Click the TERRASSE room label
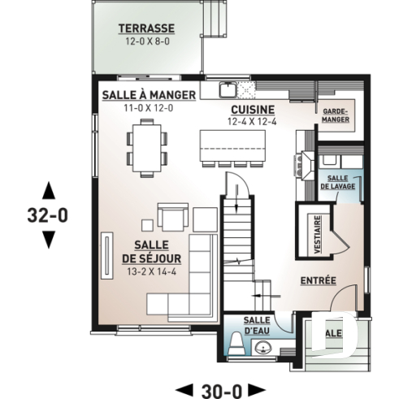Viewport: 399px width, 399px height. tap(146, 28)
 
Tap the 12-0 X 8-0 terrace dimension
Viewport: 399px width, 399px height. tap(146, 40)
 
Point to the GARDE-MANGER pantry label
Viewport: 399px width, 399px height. tap(335, 115)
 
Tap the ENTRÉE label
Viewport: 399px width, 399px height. tap(319, 280)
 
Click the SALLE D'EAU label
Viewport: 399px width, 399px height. tap(257, 325)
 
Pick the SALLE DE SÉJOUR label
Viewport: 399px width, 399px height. tap(152, 252)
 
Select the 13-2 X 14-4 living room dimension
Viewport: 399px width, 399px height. tap(152, 271)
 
